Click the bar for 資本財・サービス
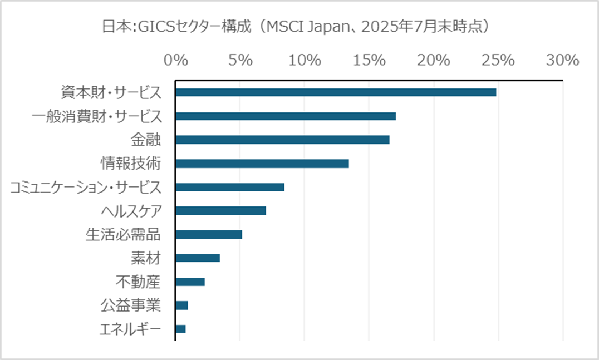pos(335,92)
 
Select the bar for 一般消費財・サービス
pos(285,116)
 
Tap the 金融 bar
pos(282,140)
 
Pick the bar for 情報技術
pos(262,164)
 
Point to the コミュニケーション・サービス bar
pos(229,187)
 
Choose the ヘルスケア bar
pos(220,211)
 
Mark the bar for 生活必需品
pos(208,234)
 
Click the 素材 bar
pos(197,258)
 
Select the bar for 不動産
pos(190,282)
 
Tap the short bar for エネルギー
pos(180,329)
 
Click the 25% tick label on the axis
pos(498,60)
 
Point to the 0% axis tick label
pos(175,60)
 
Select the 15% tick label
pos(369,60)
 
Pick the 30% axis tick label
pos(563,60)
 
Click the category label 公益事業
pos(131,305)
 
